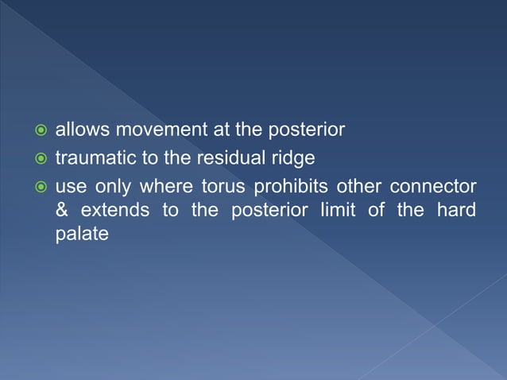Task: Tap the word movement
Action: (x=147, y=129)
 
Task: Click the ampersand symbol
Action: (x=61, y=211)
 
